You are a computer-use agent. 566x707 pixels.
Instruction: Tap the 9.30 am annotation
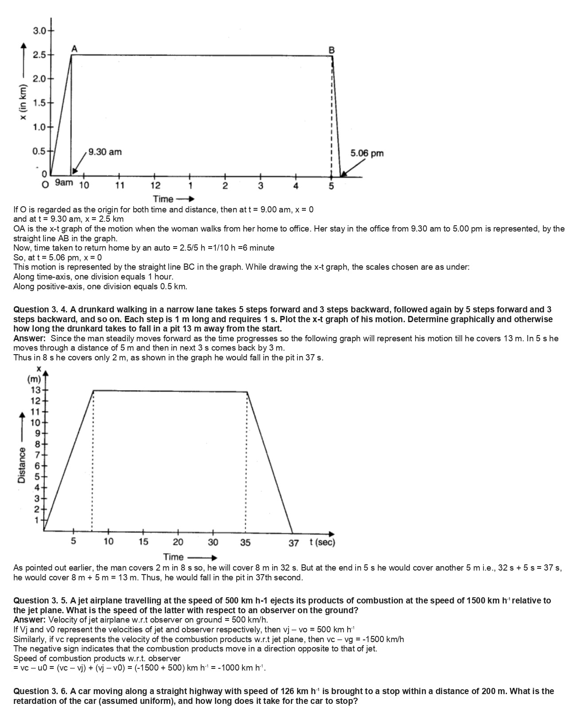click(105, 152)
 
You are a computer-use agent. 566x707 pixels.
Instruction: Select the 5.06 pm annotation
click(367, 153)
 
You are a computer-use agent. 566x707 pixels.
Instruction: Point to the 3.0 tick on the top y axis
click(40, 31)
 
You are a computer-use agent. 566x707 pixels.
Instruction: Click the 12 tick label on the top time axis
click(155, 185)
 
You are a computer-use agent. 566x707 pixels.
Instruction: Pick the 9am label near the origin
click(64, 183)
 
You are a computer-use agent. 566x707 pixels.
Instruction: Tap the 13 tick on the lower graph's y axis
click(35, 390)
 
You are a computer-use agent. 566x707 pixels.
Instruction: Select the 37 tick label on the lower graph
click(293, 543)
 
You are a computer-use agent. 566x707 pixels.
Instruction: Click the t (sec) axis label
click(322, 542)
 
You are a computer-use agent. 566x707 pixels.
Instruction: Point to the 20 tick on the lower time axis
click(178, 542)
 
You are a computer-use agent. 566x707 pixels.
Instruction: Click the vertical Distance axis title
click(21, 465)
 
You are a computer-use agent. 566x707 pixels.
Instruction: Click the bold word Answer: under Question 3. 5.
click(29, 619)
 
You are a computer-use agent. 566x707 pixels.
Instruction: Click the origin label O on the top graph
click(45, 185)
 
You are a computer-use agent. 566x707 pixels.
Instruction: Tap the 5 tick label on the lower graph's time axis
click(74, 542)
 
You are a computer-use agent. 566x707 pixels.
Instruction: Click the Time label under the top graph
click(163, 199)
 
